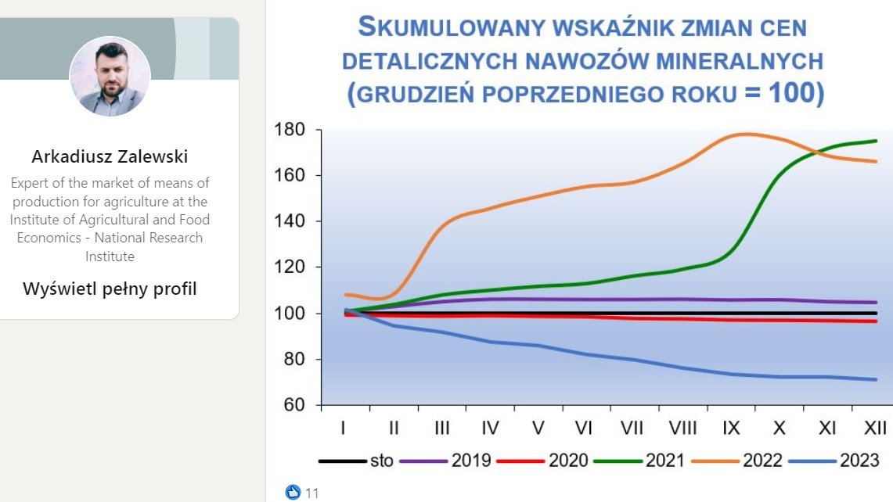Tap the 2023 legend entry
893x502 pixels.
coord(834,460)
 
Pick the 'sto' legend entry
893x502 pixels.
coord(356,460)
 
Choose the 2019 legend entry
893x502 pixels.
coord(445,460)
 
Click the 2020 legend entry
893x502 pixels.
coord(542,460)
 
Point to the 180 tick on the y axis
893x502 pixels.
coord(290,129)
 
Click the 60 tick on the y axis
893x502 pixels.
coord(294,405)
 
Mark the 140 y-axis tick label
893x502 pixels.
coord(290,221)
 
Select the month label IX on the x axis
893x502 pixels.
coord(731,428)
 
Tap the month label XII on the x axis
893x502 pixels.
coord(875,428)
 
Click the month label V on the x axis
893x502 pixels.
coord(538,428)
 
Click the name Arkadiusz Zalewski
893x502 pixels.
coord(110,156)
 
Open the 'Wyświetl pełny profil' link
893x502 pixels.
coord(110,289)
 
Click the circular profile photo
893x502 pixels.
coord(110,77)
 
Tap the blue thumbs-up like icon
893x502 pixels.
coord(293,493)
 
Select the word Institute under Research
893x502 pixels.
coord(110,256)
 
